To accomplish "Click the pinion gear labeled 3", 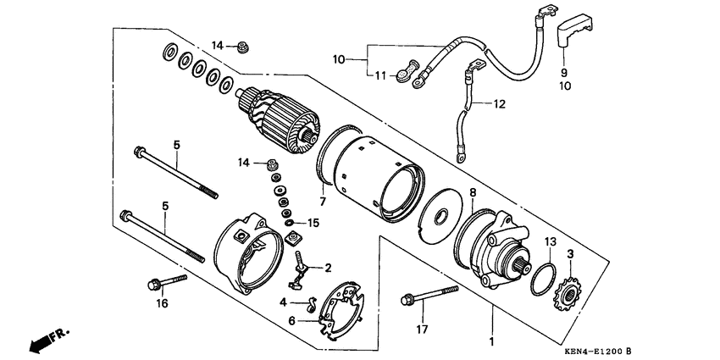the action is (x=569, y=294).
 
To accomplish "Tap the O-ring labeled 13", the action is (x=543, y=280).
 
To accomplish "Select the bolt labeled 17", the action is (x=429, y=296).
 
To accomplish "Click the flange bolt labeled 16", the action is (x=167, y=283).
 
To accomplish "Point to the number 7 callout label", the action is (x=323, y=201).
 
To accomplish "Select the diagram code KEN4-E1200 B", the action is (x=598, y=352).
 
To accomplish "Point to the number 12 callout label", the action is (x=499, y=104).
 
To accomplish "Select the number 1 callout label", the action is (x=492, y=342).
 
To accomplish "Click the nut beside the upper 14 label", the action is (x=242, y=47).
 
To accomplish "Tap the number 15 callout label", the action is (x=313, y=223).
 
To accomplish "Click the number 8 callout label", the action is (x=472, y=192).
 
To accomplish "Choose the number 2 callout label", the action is (x=328, y=268).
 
